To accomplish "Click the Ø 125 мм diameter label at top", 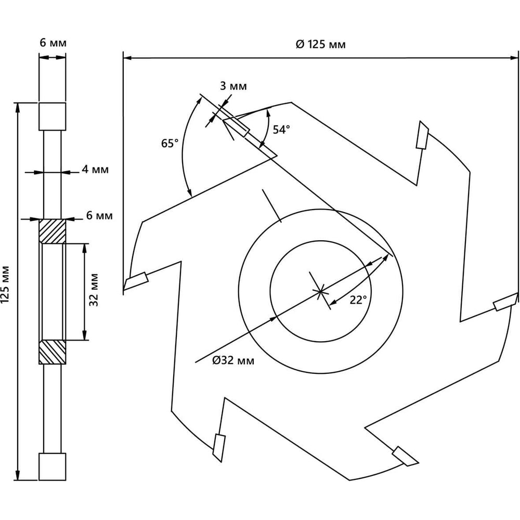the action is tap(321, 44).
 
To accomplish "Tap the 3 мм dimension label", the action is tap(233, 86).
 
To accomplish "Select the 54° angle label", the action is tap(281, 129).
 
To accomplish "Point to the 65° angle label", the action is tap(170, 144).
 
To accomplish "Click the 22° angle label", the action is tap(358, 300).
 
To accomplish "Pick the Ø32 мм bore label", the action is tap(233, 360).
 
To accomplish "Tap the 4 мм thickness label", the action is tap(95, 170).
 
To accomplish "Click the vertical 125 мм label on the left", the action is tap(5, 284).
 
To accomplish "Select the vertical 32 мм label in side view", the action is tap(94, 290).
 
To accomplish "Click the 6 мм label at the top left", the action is tap(53, 43).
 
